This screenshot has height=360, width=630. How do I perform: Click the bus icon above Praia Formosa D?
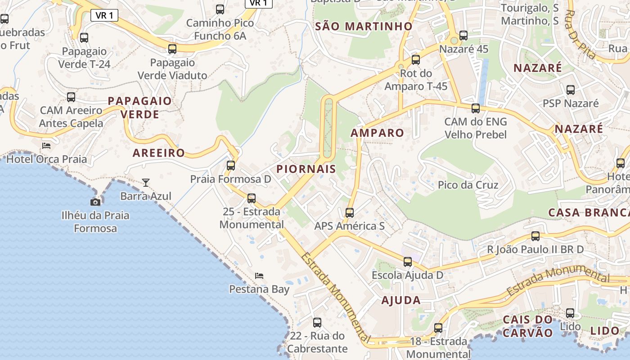(x=231, y=166)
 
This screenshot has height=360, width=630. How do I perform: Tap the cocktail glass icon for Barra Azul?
(x=146, y=182)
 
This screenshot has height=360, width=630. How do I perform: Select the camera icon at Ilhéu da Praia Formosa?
(x=95, y=202)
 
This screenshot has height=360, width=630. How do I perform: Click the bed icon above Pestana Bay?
(x=259, y=275)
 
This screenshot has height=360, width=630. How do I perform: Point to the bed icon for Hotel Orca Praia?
(x=46, y=145)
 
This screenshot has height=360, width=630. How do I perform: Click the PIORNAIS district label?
(x=306, y=169)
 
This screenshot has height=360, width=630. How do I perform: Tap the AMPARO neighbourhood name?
(x=377, y=133)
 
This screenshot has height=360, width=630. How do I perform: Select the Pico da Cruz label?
(x=468, y=185)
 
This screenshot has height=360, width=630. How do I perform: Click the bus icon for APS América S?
(x=350, y=212)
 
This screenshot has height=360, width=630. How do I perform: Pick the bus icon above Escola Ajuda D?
(x=408, y=261)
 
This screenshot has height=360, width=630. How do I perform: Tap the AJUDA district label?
(x=401, y=300)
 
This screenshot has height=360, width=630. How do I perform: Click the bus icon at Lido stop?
(x=570, y=313)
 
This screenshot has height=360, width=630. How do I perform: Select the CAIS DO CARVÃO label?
(x=527, y=326)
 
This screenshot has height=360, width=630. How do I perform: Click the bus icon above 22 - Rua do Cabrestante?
(x=317, y=322)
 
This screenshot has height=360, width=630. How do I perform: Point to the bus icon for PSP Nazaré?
(x=571, y=90)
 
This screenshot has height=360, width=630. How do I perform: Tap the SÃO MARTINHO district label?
(x=364, y=26)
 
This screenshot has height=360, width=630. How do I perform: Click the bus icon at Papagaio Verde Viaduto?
(x=172, y=49)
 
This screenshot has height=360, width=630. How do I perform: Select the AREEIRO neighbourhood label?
(x=159, y=153)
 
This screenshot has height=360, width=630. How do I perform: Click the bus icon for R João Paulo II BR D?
(x=535, y=236)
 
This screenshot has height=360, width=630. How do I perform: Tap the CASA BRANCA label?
(x=589, y=212)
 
